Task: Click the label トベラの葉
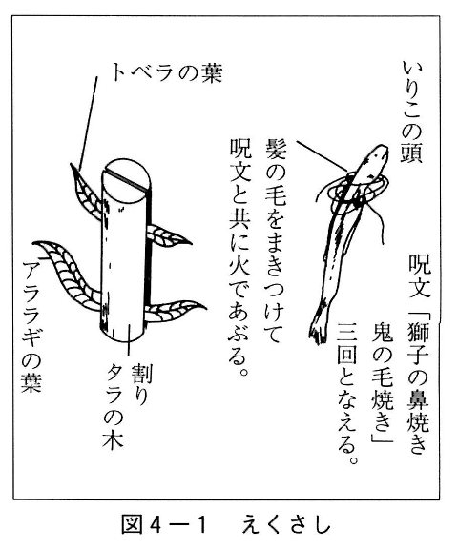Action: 167,73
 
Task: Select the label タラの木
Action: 114,406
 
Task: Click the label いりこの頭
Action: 412,112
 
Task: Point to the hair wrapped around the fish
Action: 355,193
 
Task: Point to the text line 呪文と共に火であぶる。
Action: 239,256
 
